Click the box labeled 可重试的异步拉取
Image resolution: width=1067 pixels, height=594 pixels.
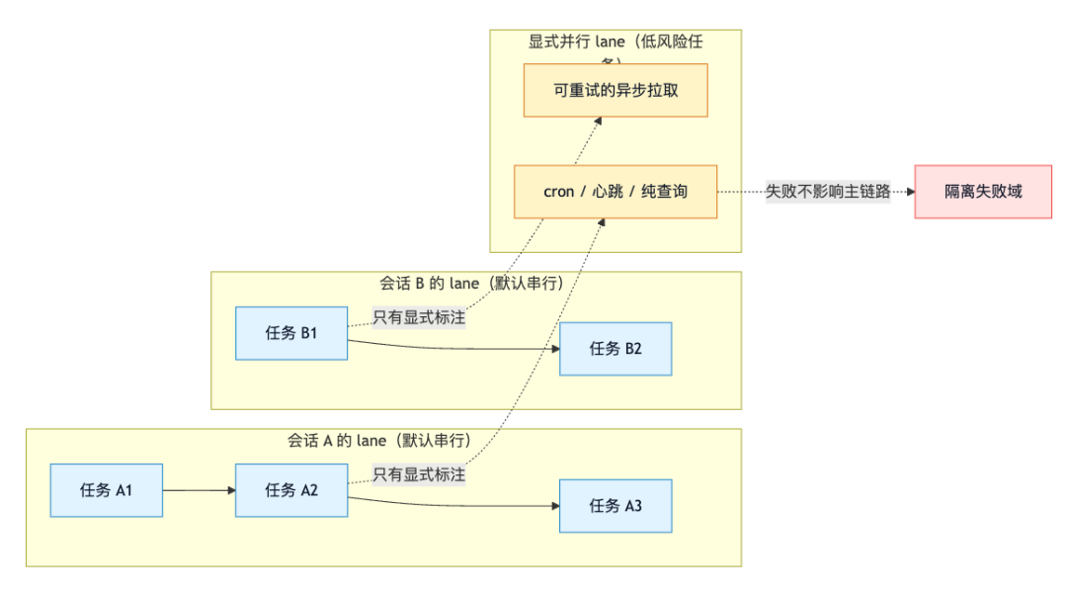616,90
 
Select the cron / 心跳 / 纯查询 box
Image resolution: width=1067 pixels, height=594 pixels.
616,192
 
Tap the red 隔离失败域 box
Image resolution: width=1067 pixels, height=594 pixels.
983,192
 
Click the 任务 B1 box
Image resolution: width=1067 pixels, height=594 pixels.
291,333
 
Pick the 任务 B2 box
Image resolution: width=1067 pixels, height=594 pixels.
616,349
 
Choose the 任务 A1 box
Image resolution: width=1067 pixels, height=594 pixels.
107,490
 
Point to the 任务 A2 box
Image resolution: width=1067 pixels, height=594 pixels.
291,490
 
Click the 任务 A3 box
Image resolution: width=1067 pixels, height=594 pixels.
616,506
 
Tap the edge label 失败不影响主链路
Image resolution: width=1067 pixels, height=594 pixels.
828,192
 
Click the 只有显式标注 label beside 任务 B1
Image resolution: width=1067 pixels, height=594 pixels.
419,318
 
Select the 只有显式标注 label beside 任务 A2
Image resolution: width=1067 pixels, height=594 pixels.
419,474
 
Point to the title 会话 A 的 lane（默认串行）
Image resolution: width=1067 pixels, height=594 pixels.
379,441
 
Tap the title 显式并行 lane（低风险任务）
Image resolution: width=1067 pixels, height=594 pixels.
616,42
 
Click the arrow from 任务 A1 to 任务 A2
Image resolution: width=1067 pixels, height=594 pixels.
199,490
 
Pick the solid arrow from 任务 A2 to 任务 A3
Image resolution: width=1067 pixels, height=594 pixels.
454,503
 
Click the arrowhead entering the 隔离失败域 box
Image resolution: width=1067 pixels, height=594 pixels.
909,192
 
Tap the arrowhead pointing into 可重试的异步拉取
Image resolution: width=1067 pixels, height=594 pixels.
599,121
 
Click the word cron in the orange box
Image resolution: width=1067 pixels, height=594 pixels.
558,192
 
